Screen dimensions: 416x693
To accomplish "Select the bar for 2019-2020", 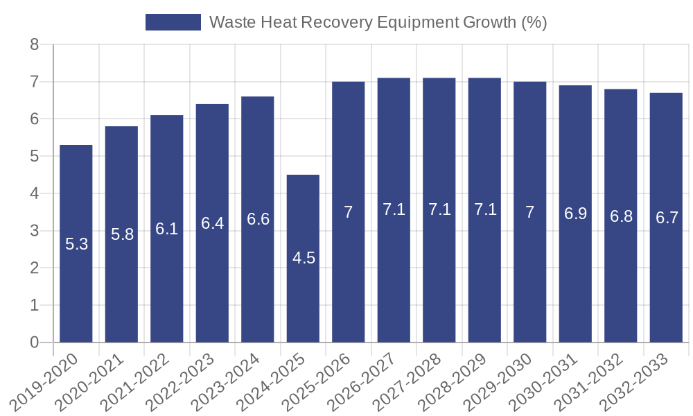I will [x=76, y=291].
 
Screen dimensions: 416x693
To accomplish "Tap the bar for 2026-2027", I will [x=394, y=277].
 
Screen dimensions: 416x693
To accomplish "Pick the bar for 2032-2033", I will [x=666, y=291].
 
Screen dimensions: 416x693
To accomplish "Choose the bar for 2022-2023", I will [x=212, y=291].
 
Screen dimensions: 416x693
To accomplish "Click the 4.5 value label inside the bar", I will [x=304, y=259].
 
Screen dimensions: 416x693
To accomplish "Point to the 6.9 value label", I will [x=575, y=214].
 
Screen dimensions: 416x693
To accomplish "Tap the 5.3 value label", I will [x=76, y=244].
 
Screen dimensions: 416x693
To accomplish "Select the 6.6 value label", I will [x=258, y=219].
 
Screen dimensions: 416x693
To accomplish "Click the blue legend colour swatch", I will [x=173, y=22].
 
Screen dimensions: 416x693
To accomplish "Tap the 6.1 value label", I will [x=167, y=229].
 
